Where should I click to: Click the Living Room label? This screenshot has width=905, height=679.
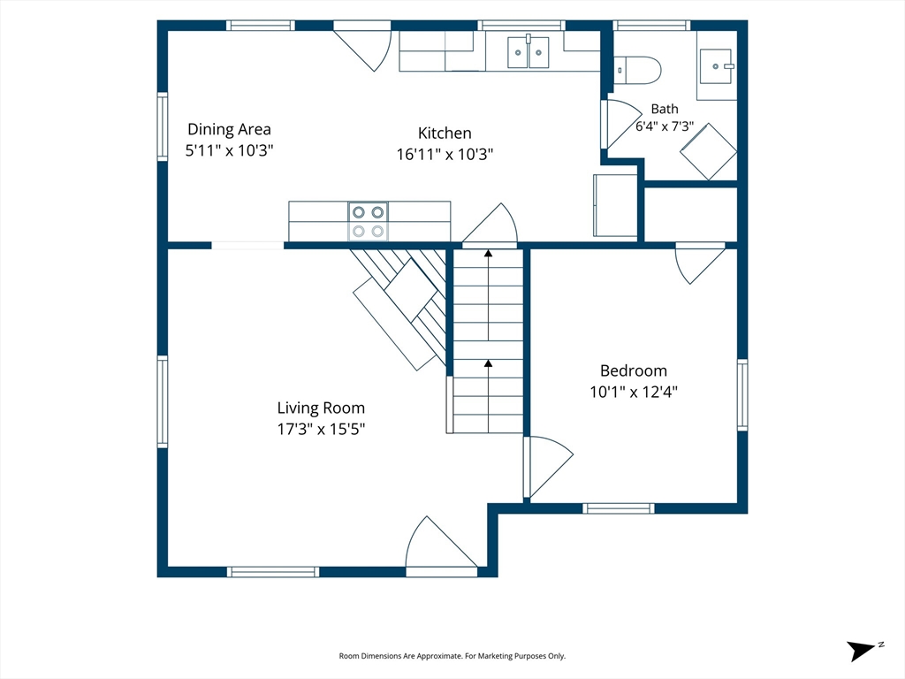tap(321, 408)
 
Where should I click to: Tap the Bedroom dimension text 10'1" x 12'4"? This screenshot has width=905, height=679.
tap(633, 392)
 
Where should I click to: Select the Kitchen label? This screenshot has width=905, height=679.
tap(445, 134)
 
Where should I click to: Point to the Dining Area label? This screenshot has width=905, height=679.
tap(229, 129)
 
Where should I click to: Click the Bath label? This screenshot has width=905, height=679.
tap(665, 109)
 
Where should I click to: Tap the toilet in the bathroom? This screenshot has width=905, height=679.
tap(636, 71)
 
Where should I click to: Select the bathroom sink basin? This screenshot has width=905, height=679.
tap(716, 66)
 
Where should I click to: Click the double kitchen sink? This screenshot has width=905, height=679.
tap(529, 52)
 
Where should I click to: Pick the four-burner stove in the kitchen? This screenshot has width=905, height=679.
tap(369, 221)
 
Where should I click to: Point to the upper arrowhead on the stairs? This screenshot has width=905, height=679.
tap(488, 253)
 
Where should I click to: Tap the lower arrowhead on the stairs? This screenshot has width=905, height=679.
tap(488, 363)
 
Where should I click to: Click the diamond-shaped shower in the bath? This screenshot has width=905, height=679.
tap(708, 151)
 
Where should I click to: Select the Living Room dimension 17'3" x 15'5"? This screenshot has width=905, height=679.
tap(321, 429)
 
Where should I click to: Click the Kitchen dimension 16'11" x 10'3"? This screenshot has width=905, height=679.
tap(445, 154)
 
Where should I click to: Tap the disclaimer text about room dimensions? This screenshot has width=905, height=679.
tap(452, 656)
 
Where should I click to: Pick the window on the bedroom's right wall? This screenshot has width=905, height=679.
tap(742, 395)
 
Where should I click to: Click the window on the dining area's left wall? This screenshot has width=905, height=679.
tap(163, 126)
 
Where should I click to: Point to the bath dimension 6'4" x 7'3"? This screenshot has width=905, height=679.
tap(665, 126)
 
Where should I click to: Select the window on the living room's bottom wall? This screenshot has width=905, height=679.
tap(273, 572)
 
